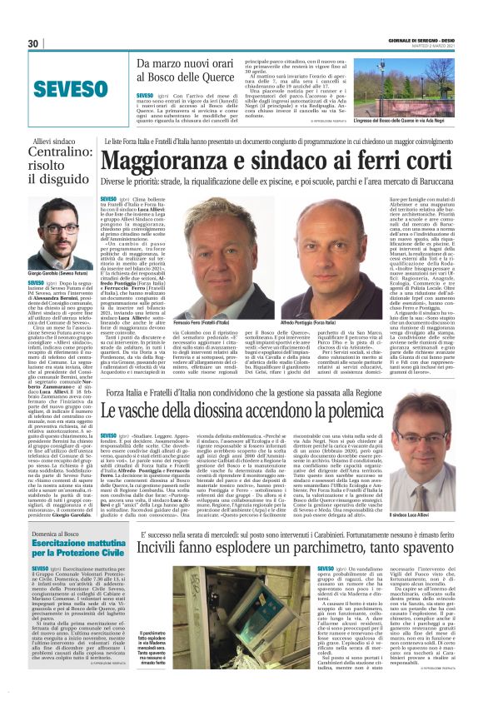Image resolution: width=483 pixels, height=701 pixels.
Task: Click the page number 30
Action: click(x=34, y=44)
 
